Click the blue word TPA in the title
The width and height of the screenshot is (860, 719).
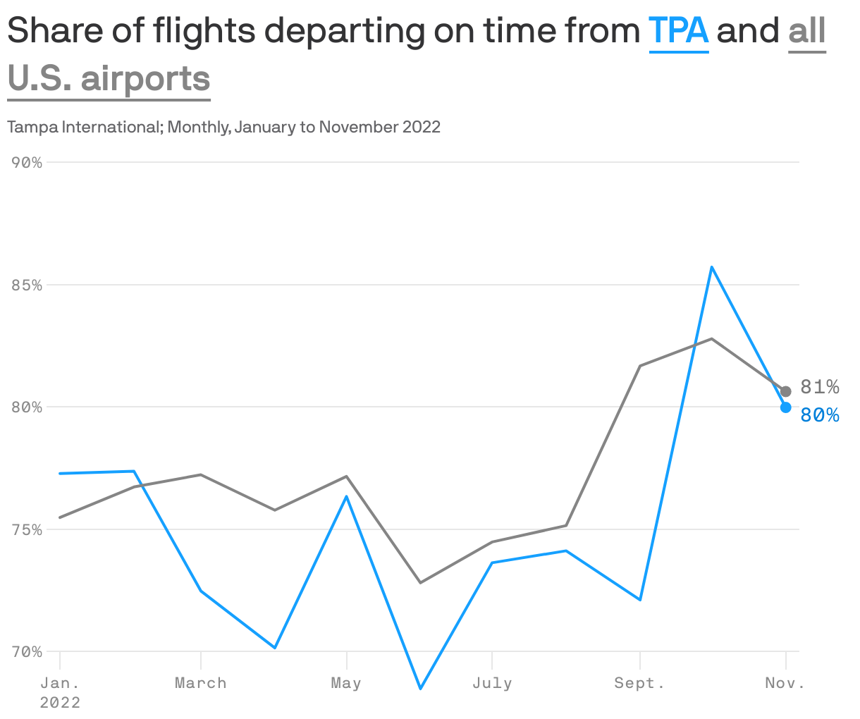[x=678, y=31]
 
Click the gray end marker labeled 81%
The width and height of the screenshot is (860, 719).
[x=786, y=391]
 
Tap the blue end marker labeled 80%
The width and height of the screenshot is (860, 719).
[x=786, y=407]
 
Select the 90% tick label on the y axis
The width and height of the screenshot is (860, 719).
[x=27, y=163]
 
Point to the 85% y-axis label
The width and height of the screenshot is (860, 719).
[x=27, y=285]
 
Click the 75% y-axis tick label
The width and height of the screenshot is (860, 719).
[x=27, y=530]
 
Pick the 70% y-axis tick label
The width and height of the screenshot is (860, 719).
[x=27, y=652]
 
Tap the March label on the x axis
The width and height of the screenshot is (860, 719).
[x=201, y=683]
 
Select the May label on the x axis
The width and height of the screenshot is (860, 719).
[x=346, y=683]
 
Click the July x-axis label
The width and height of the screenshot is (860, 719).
[x=492, y=683]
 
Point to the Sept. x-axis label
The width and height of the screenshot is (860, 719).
[x=639, y=683]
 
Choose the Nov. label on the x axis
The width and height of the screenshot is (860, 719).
[x=785, y=683]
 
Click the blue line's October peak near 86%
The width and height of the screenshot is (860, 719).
[x=712, y=267]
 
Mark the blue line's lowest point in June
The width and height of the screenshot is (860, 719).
[x=420, y=688]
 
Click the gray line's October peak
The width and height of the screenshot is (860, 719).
[x=712, y=339]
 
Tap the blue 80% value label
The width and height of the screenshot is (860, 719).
[x=820, y=416]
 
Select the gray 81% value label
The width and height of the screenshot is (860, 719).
[x=819, y=387]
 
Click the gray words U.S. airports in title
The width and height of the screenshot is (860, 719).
[x=109, y=78]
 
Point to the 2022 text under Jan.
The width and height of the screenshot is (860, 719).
[x=60, y=703]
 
